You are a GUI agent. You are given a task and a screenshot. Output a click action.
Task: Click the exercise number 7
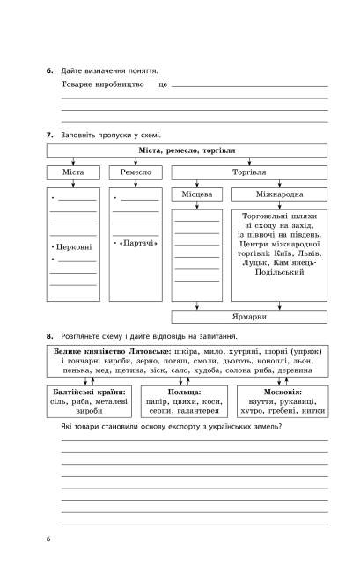pyautogui.click(x=50, y=135)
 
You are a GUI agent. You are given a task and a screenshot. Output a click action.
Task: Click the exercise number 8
pyautogui.click(x=50, y=336)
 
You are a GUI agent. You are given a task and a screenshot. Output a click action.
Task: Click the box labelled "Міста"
pyautogui.click(x=73, y=172)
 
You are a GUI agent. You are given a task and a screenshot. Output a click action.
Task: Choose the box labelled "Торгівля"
pyautogui.click(x=248, y=172)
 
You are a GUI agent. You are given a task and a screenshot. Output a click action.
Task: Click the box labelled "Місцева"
pyautogui.click(x=196, y=194)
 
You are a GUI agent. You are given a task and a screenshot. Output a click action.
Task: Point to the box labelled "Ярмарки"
pyautogui.click(x=248, y=314)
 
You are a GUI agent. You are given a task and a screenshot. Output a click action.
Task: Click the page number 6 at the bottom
pyautogui.click(x=50, y=538)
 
